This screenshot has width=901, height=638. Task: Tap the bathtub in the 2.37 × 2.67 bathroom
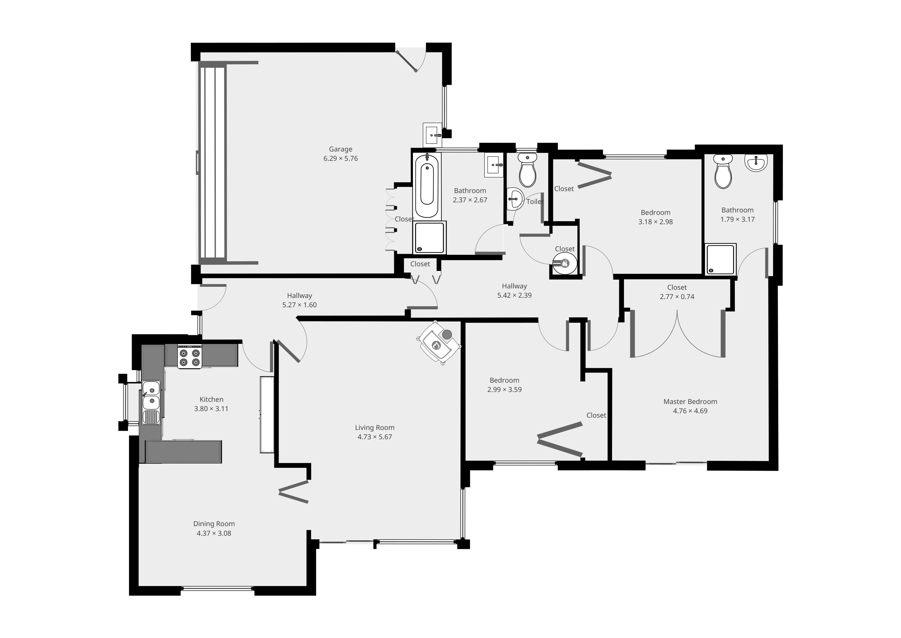click(427, 186)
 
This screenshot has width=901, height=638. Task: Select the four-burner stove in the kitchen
click(190, 356)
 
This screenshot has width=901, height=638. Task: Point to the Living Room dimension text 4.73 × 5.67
click(374, 437)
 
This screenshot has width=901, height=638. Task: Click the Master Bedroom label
click(690, 402)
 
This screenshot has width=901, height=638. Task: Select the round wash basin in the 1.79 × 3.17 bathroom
click(756, 163)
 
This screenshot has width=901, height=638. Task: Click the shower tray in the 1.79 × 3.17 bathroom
click(720, 259)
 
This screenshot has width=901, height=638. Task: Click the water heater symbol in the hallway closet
click(565, 263)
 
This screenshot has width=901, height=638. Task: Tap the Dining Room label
click(214, 524)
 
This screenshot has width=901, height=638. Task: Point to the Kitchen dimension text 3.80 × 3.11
click(211, 409)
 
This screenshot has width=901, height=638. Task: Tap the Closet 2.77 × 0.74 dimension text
click(677, 297)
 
